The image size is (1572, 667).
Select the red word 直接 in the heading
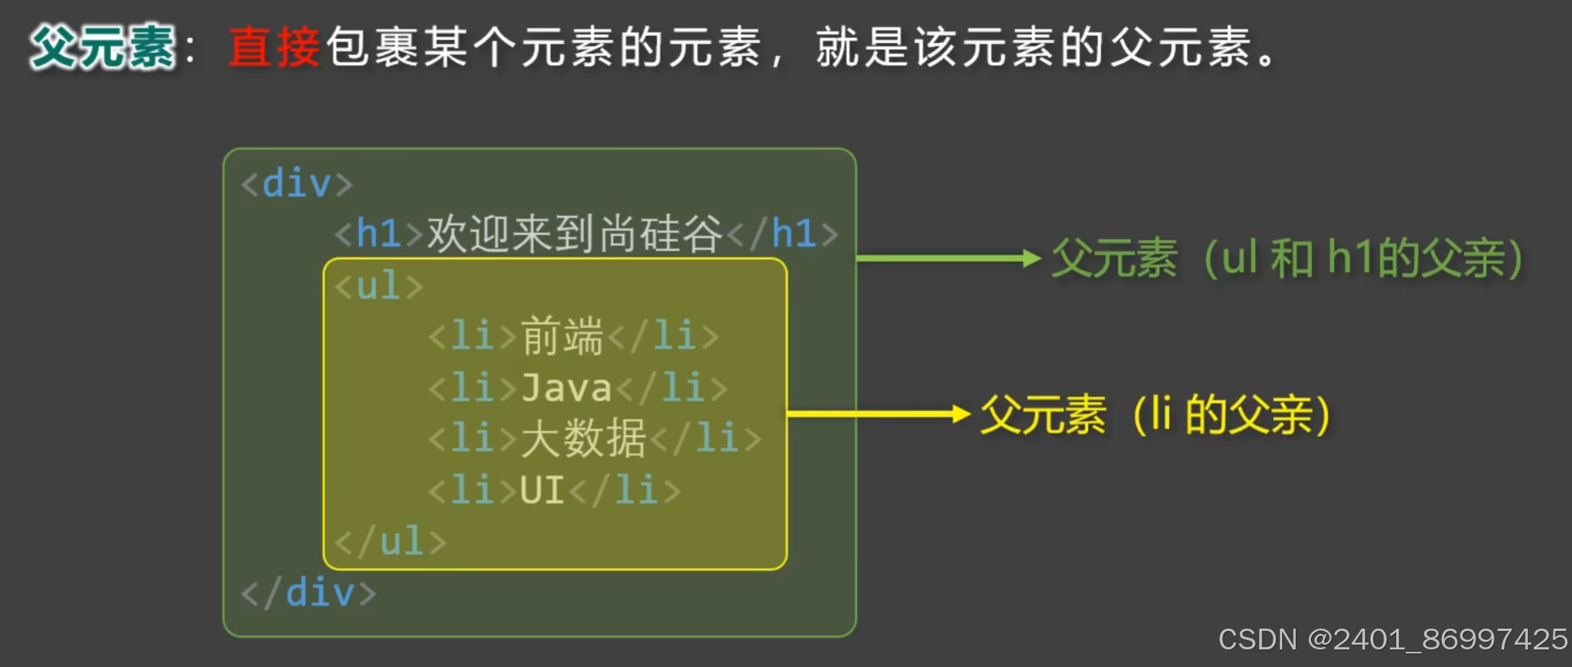click(x=274, y=46)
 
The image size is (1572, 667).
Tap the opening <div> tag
click(x=296, y=184)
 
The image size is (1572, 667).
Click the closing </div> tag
click(x=308, y=594)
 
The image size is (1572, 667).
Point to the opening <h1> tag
click(x=378, y=234)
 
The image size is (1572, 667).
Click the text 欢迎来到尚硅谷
click(x=574, y=234)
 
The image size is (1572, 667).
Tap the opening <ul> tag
click(x=378, y=286)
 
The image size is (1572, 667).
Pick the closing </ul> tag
click(x=390, y=542)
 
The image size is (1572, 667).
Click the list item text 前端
click(x=562, y=335)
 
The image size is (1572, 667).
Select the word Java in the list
click(x=566, y=388)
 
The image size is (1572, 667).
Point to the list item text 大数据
click(x=583, y=439)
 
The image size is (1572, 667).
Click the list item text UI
click(x=542, y=490)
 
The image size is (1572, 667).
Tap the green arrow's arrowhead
click(x=1032, y=258)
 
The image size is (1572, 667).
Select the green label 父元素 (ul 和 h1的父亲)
click(x=1287, y=259)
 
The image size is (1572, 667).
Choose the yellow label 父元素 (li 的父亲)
click(x=1155, y=415)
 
